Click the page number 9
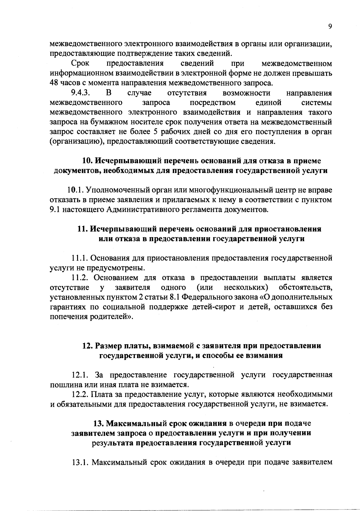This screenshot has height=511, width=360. [330, 26]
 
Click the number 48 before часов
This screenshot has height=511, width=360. [54, 83]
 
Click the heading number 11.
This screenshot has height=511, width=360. [83, 229]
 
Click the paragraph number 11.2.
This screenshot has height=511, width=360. [79, 278]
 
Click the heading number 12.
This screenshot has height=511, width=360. [88, 346]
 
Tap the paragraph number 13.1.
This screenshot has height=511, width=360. [79, 462]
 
